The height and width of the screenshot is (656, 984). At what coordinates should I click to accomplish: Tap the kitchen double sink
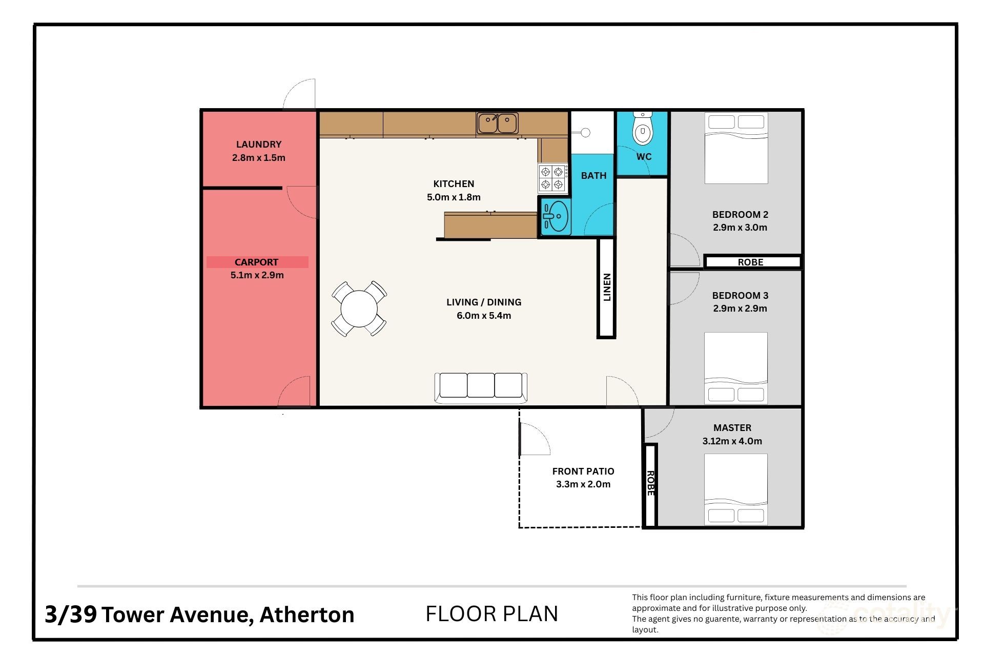pos(497,123)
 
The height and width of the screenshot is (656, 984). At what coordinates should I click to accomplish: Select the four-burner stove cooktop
pos(552,178)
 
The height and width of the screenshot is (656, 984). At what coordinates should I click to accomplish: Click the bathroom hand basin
pos(556,216)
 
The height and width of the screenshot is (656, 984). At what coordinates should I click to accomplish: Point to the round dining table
pos(359,309)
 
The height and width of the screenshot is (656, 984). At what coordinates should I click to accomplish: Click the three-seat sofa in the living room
pos(481,386)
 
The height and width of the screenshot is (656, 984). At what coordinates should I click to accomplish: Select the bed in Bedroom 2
pos(736,148)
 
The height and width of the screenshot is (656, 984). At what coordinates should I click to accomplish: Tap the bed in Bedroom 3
pos(736,368)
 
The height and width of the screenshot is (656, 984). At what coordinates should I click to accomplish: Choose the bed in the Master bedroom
pos(736,489)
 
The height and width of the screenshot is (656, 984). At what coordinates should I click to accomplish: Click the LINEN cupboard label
pos(607,287)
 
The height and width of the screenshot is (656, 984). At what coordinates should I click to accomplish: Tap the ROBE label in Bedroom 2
pos(750,262)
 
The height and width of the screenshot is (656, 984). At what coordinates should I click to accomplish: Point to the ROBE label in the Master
pos(650,483)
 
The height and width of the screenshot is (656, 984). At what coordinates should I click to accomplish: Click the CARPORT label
pos(256,262)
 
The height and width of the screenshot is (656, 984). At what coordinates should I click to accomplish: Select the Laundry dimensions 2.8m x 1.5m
pos(258,158)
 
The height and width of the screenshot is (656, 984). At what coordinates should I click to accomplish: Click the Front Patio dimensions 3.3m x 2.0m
pos(583,484)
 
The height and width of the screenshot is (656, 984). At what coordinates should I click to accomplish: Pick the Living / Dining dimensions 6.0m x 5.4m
pos(484,316)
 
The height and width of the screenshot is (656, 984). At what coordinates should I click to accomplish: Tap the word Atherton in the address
pos(307,614)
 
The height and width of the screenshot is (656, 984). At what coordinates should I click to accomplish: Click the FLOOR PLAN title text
pos(491,613)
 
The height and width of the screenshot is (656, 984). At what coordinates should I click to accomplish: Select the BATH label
pos(593,175)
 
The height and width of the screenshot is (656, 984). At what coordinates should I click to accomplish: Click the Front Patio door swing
pos(535,439)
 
